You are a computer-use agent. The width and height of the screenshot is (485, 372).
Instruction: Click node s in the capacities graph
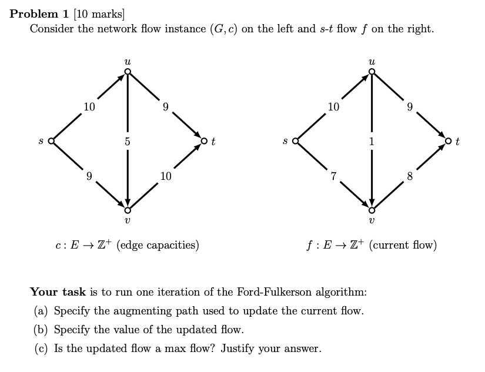click(x=51, y=141)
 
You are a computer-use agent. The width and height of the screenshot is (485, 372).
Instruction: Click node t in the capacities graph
click(x=204, y=141)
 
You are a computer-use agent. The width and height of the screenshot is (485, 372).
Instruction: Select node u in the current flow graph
click(x=372, y=72)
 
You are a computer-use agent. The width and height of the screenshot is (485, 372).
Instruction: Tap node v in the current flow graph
click(x=372, y=210)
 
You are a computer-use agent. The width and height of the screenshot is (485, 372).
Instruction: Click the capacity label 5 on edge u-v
click(x=128, y=141)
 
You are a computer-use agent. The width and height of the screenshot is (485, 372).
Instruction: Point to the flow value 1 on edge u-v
click(x=372, y=141)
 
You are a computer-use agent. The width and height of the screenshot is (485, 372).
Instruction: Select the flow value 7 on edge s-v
click(x=333, y=176)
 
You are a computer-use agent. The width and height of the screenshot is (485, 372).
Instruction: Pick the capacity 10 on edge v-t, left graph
click(x=166, y=176)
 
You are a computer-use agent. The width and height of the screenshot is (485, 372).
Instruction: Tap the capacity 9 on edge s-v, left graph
click(x=89, y=176)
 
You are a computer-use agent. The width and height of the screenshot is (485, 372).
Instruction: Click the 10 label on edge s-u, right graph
click(x=333, y=107)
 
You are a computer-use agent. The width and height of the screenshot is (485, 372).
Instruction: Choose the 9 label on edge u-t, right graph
click(x=410, y=107)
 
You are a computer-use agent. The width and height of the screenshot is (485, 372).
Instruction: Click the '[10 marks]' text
click(x=99, y=15)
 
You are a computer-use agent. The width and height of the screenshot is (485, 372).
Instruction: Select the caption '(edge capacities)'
click(x=158, y=245)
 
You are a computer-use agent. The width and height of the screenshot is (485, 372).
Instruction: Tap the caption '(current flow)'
click(x=403, y=245)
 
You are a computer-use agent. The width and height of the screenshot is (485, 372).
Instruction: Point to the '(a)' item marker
click(x=42, y=311)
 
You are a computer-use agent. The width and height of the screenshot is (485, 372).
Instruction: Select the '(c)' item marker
click(x=42, y=348)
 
